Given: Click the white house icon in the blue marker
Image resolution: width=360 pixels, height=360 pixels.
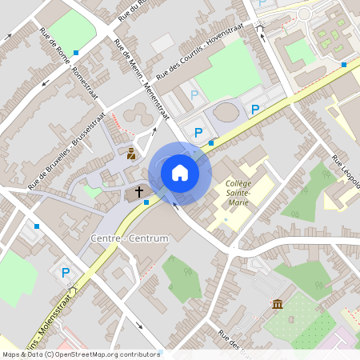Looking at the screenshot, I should (x=180, y=172).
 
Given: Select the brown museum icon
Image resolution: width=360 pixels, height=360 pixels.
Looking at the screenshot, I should (x=277, y=305).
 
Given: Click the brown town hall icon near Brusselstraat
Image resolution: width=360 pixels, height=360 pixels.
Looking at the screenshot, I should (x=131, y=152).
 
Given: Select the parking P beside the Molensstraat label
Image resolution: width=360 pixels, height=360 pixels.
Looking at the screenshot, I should (x=66, y=273).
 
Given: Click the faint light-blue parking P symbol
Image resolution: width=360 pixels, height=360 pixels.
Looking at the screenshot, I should (x=194, y=94).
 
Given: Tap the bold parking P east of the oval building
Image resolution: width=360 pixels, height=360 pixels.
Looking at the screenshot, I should (x=255, y=110).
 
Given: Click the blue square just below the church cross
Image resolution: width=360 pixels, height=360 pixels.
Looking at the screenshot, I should (x=146, y=202).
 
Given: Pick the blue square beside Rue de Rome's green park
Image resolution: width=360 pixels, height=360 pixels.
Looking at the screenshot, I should (x=76, y=52).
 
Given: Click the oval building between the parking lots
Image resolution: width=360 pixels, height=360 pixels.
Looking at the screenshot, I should (x=227, y=112).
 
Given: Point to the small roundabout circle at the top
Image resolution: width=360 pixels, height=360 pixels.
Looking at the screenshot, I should (x=304, y=14).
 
